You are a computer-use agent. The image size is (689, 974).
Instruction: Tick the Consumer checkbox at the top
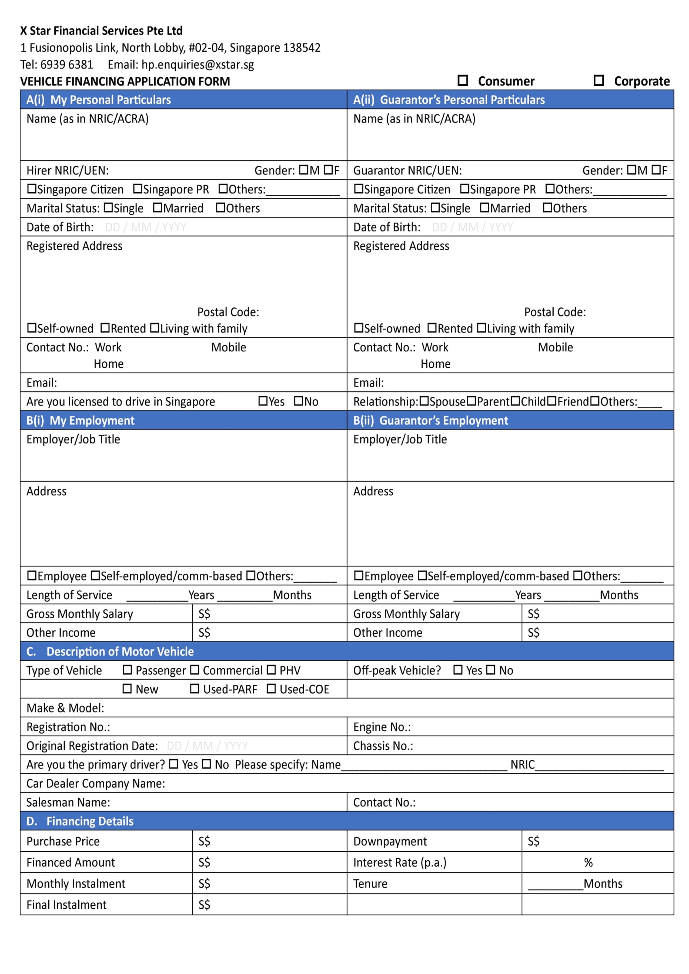click(463, 80)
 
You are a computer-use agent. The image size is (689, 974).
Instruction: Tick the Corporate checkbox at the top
click(599, 80)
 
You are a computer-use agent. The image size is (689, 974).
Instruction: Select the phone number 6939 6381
click(67, 65)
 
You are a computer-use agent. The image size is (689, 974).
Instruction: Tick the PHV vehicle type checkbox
click(271, 670)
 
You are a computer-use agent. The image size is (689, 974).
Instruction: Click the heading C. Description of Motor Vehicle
click(110, 651)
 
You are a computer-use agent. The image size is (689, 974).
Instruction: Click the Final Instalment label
click(67, 905)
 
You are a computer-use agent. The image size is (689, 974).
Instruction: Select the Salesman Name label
click(68, 802)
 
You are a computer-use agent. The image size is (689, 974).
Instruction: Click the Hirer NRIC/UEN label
click(68, 170)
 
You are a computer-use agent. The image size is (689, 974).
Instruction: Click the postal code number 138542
click(302, 48)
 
